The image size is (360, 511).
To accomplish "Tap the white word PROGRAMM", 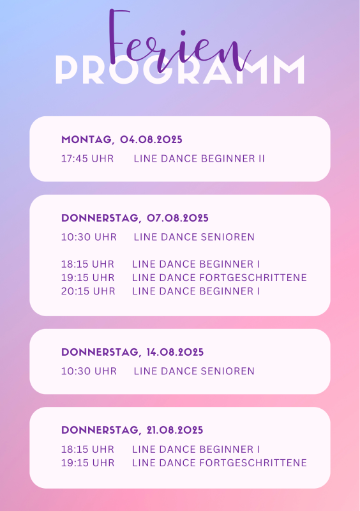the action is click(180, 70).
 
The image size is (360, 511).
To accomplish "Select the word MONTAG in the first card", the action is click(86, 139).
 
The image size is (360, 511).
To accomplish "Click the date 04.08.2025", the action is click(151, 139).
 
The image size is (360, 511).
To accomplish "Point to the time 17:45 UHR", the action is click(87, 158).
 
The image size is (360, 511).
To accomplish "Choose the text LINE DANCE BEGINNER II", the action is click(199, 158).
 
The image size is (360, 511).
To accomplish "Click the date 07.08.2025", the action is click(177, 218).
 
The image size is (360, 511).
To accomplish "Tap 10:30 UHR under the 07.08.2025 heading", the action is click(89, 237).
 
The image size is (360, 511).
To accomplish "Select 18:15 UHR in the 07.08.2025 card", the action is click(87, 264).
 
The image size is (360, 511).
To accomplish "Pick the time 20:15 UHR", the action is click(88, 291).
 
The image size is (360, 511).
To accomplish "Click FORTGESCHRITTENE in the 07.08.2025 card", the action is click(253, 278).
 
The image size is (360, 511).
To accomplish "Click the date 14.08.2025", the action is click(175, 352).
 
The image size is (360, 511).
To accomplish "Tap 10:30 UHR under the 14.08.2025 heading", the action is click(89, 371).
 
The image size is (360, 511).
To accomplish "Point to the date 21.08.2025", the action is click(175, 430).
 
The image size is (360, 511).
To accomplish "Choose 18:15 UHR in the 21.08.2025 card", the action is click(87, 450).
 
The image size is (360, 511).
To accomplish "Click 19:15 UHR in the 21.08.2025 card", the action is click(88, 462).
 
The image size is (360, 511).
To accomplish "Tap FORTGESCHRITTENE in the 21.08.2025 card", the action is click(253, 462).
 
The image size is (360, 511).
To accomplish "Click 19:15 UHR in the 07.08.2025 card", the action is click(88, 278).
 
